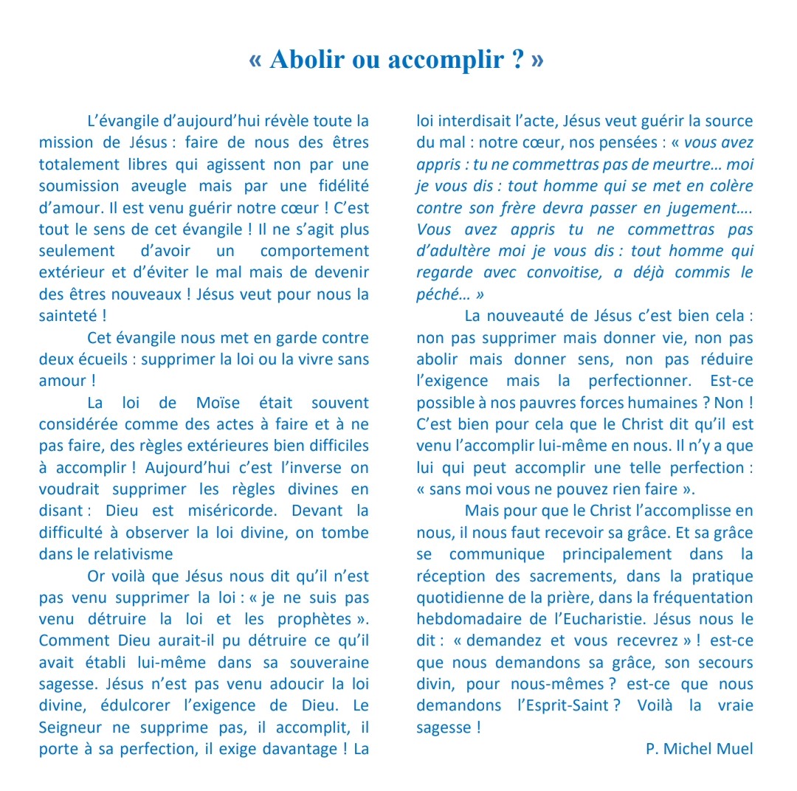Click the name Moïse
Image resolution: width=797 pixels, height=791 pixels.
pyautogui.click(x=220, y=403)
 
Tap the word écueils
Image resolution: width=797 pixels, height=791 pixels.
pyautogui.click(x=103, y=360)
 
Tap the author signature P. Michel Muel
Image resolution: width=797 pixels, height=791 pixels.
pyautogui.click(x=700, y=749)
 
